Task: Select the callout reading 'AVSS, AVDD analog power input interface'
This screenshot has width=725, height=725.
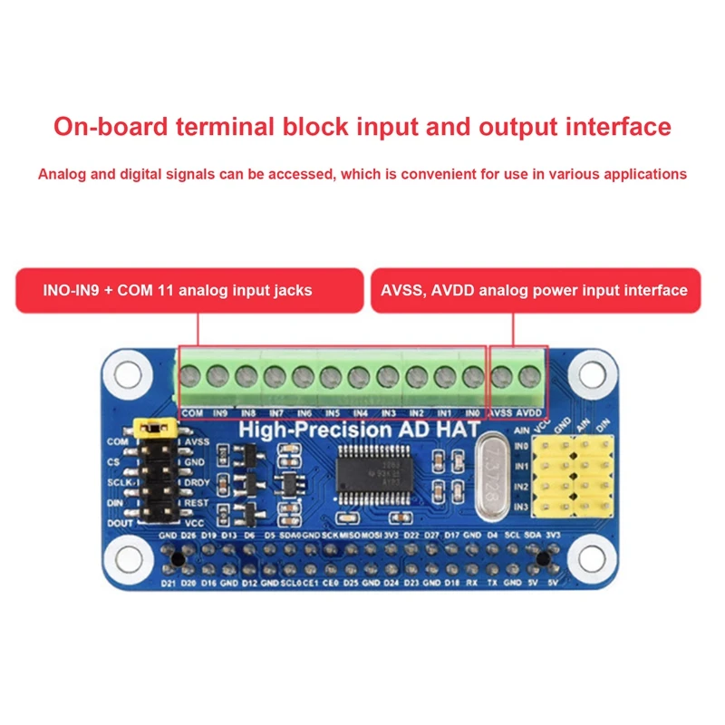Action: click(x=536, y=290)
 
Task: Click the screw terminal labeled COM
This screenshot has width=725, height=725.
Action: click(x=191, y=375)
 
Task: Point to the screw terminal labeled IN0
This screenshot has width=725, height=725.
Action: click(x=472, y=375)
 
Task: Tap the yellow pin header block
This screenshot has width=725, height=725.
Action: click(x=574, y=474)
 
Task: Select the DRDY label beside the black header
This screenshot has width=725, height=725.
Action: click(x=199, y=482)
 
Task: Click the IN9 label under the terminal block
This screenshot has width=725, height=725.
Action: click(x=219, y=413)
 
